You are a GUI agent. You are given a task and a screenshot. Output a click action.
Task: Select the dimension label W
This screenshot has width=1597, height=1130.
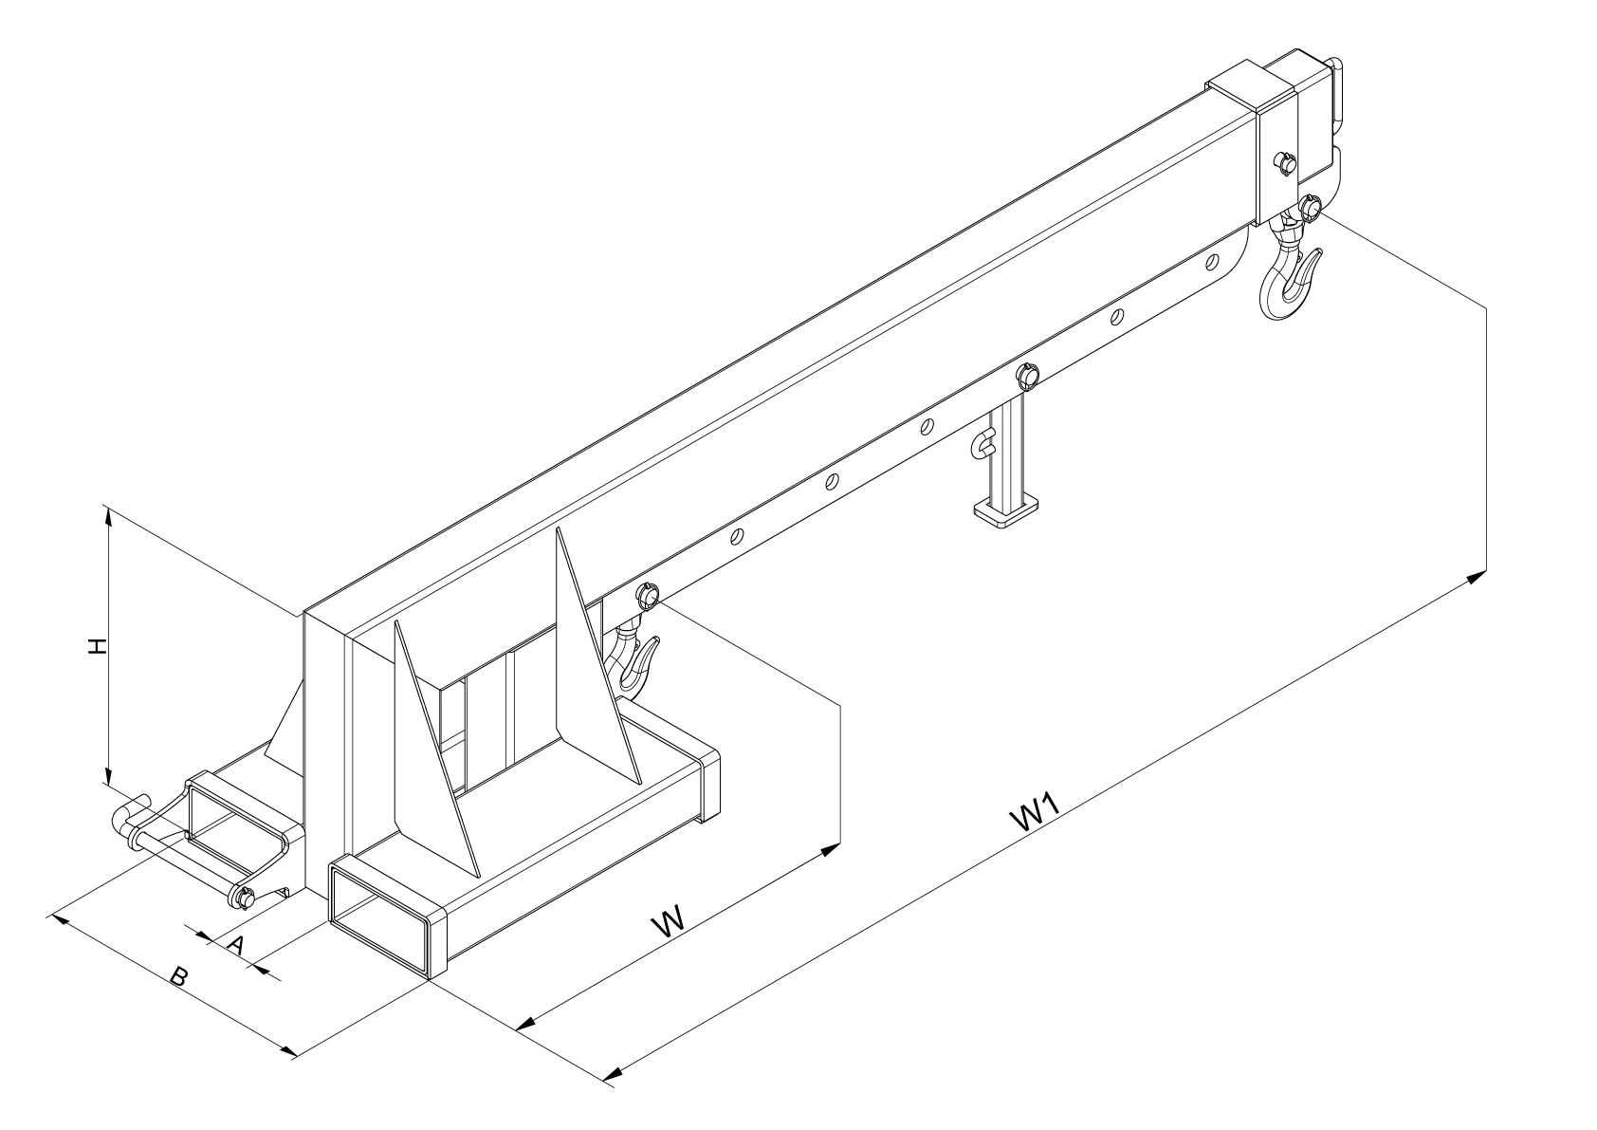click(668, 921)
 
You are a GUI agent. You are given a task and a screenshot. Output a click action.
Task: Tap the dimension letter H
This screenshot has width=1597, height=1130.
click(96, 646)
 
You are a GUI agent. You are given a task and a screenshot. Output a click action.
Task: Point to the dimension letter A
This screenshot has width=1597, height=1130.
click(237, 945)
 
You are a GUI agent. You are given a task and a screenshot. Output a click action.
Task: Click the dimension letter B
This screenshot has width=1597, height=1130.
click(178, 976)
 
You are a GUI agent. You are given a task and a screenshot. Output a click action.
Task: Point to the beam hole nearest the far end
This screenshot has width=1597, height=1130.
click(1211, 262)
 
